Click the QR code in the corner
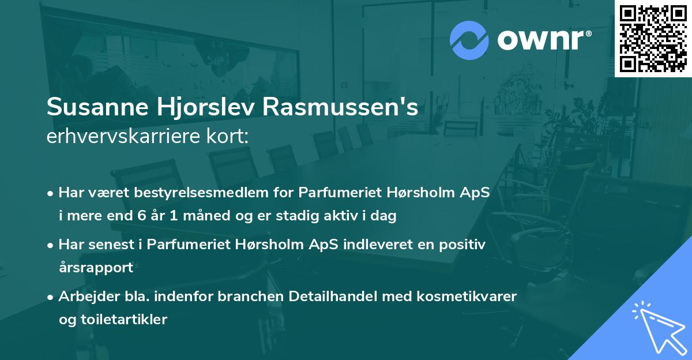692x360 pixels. coord(653,38)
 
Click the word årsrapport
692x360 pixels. coord(96,267)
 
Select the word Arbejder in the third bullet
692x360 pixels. coord(82,297)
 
